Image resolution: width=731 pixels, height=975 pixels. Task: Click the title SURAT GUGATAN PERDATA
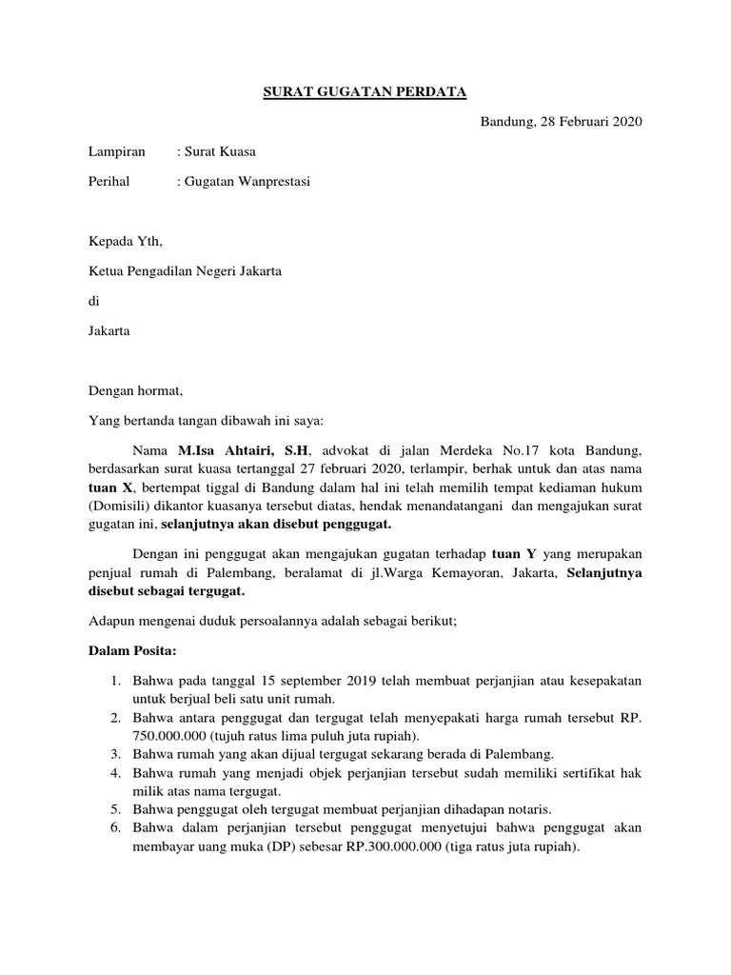coord(365,92)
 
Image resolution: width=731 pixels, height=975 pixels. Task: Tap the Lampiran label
coord(117,151)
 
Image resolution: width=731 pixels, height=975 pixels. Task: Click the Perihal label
coord(109,181)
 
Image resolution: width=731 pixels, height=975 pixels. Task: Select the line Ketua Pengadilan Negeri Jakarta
coord(185,271)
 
